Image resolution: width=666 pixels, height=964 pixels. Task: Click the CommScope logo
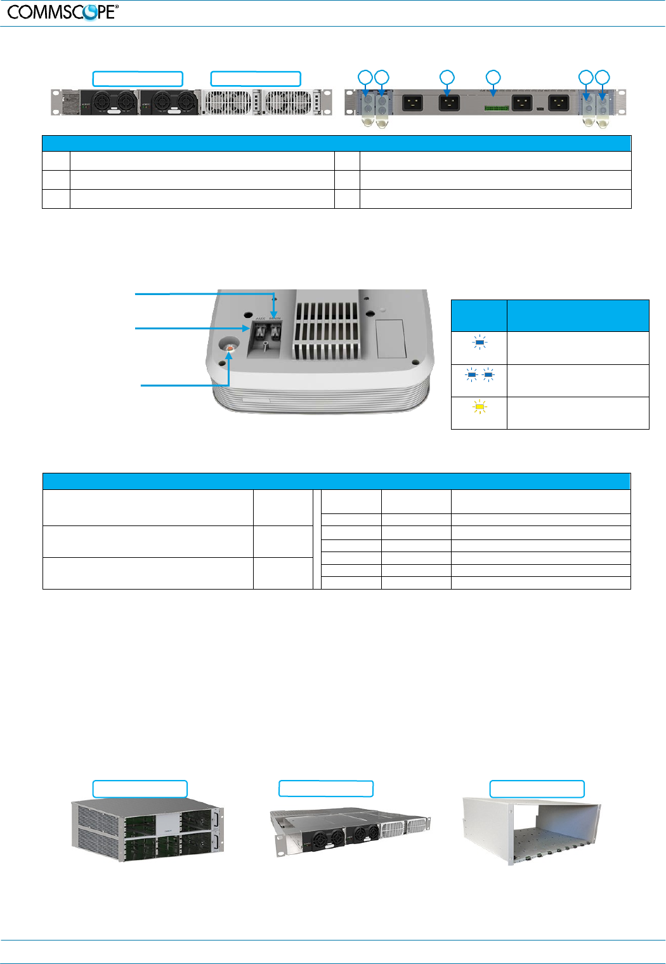pos(63,12)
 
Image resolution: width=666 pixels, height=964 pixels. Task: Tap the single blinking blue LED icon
pos(480,343)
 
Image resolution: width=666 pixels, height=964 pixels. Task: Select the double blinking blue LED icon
pos(480,375)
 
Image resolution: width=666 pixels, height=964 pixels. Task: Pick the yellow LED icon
pos(480,407)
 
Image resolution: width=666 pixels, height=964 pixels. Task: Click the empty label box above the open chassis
pos(537,789)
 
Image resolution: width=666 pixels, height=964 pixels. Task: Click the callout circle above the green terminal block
pos(493,77)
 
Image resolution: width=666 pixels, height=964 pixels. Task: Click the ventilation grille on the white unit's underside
pos(327,327)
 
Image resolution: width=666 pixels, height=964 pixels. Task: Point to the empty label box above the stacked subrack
pos(140,789)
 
